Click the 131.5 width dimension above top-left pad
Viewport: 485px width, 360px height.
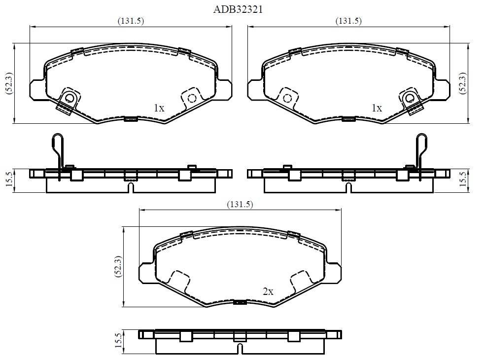coord(131,21)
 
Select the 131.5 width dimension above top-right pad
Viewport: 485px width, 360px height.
coord(348,21)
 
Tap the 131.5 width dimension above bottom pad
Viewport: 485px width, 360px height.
coord(240,204)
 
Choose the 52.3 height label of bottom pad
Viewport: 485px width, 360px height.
coord(118,267)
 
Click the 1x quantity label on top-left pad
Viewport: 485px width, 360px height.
coord(159,108)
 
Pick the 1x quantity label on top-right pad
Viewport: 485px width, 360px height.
coord(377,108)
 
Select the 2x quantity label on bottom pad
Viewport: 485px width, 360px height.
coord(268,291)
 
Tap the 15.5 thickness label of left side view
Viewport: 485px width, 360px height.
coord(8,180)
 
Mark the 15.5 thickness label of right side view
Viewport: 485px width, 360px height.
coord(462,180)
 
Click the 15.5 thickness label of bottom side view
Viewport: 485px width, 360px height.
coord(118,341)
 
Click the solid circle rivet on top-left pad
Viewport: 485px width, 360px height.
coord(69,98)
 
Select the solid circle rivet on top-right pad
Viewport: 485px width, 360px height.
coord(410,98)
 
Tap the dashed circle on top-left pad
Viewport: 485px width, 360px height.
coord(192,98)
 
